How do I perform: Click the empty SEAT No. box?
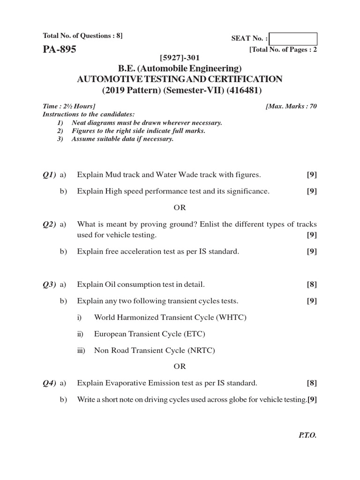point(293,39)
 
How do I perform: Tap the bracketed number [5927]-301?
point(180,58)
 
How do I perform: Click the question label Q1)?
point(49,175)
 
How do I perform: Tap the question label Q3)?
point(49,284)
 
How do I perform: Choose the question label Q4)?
point(49,383)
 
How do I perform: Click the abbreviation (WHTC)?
point(231,317)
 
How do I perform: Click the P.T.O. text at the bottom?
point(307,435)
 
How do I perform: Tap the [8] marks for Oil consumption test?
point(312,284)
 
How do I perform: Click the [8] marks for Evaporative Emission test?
point(312,383)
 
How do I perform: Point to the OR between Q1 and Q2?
point(180,207)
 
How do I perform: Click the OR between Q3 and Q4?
point(180,366)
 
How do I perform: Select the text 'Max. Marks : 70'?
point(291,106)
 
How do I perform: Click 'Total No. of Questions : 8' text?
point(82,36)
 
